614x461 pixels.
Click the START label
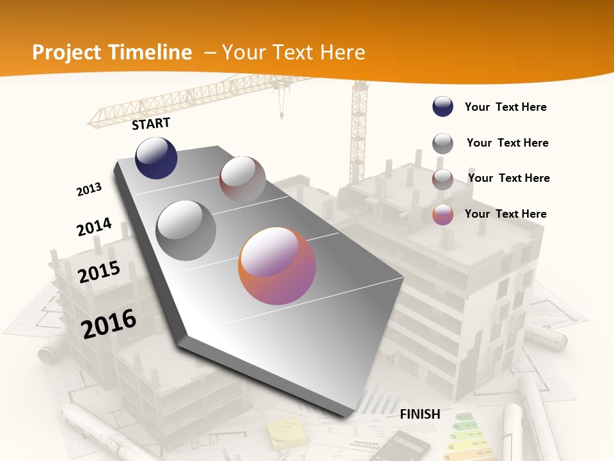pos(151,124)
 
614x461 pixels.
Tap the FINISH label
pos(420,414)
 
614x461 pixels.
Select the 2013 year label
pos(89,190)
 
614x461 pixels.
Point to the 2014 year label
pos(94,227)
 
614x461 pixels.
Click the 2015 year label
pos(99,272)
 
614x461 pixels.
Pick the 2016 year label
pos(109,323)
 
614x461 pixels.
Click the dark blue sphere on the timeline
pos(156,158)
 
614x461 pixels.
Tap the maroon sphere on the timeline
pos(242,179)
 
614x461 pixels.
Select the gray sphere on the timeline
pos(186,230)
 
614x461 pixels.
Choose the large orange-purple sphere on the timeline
pos(277,266)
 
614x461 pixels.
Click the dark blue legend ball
pos(443,107)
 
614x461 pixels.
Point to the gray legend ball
pos(443,143)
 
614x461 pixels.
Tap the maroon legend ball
pos(443,179)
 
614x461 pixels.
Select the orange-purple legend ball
pos(443,214)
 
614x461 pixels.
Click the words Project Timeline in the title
pos(112,53)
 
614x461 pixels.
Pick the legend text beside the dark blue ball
pos(505,107)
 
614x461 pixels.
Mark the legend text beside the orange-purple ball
pos(505,214)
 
